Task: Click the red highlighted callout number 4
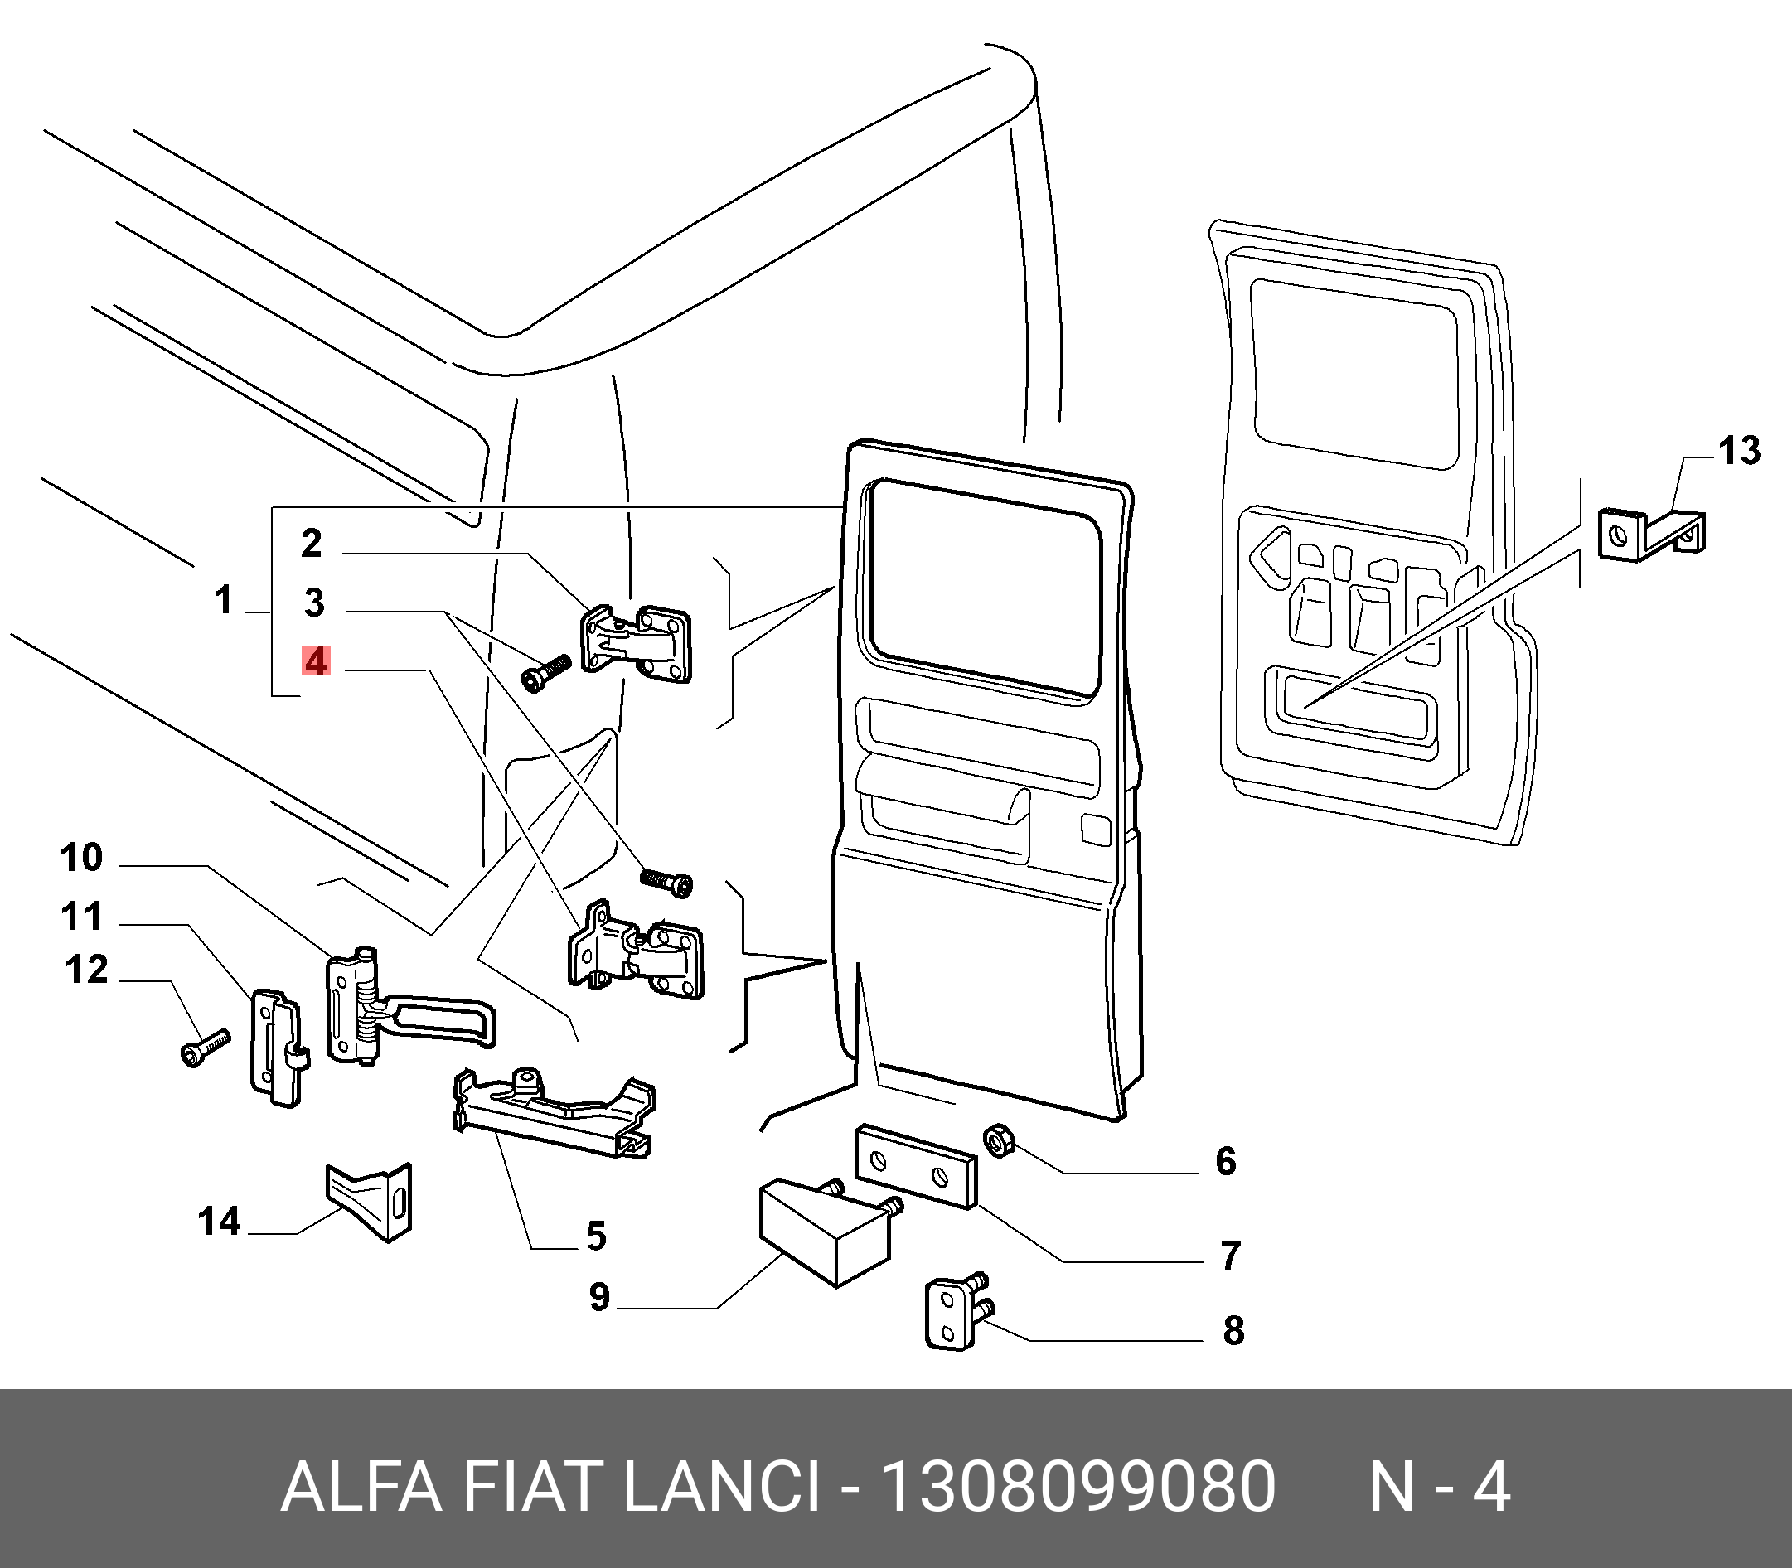tap(315, 661)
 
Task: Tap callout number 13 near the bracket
tap(1738, 452)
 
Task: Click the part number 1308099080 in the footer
tap(1078, 1488)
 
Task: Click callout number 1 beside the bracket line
tap(224, 601)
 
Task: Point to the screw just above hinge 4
tap(666, 880)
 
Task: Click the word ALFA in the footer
tap(361, 1488)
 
